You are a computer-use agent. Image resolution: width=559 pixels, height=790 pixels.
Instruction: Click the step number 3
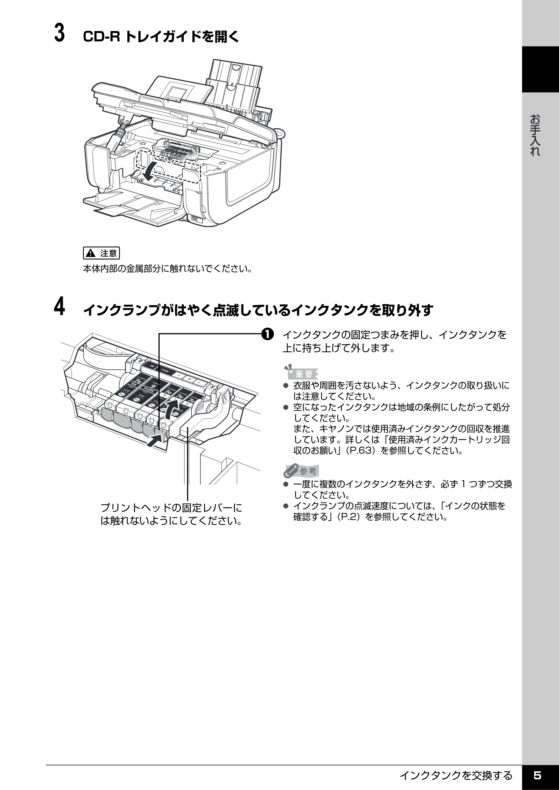59,33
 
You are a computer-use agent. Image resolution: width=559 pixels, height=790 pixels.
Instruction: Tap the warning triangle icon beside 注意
91,253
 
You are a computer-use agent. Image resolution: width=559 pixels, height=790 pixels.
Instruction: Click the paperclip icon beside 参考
291,470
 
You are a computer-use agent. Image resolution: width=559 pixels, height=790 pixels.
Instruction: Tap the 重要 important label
304,373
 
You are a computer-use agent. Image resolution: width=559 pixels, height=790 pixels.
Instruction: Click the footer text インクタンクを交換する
456,775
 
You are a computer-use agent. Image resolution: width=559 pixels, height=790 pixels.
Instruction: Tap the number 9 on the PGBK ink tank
153,386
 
